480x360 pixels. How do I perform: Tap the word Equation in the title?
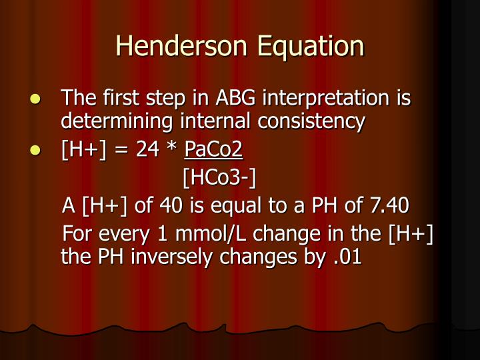coord(309,46)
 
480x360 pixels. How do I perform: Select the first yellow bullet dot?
coord(37,100)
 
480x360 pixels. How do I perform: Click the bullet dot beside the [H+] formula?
coord(37,152)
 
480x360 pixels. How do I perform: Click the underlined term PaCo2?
coord(213,151)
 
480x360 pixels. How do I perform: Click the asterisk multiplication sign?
coord(171,151)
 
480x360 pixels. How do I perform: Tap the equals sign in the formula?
coord(121,152)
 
